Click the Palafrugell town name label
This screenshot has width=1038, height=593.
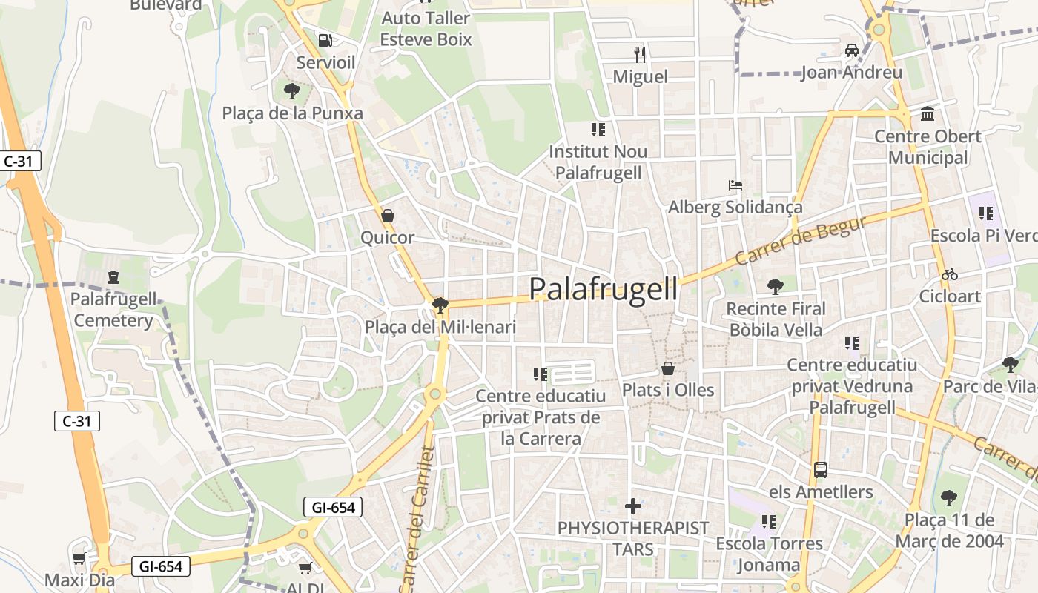click(604, 289)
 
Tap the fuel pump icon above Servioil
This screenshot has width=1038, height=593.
click(325, 40)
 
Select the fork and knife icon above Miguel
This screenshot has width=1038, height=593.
click(640, 54)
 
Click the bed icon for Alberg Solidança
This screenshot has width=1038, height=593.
click(735, 185)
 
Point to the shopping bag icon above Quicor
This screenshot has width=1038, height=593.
click(387, 216)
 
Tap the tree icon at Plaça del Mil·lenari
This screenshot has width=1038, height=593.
click(440, 305)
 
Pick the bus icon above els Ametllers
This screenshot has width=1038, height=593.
click(820, 469)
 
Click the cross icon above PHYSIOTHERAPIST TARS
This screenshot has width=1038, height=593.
click(633, 506)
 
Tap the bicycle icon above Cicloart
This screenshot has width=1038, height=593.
click(949, 274)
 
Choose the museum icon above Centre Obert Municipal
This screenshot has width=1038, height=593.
click(927, 114)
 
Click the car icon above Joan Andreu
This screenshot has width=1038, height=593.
click(851, 50)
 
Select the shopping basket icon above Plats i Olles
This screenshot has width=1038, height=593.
click(668, 368)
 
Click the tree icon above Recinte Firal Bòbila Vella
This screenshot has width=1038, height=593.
click(776, 286)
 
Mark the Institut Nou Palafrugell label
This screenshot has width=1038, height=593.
click(598, 162)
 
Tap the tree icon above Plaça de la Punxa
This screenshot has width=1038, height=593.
click(292, 91)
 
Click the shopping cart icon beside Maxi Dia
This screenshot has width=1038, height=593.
click(79, 558)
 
